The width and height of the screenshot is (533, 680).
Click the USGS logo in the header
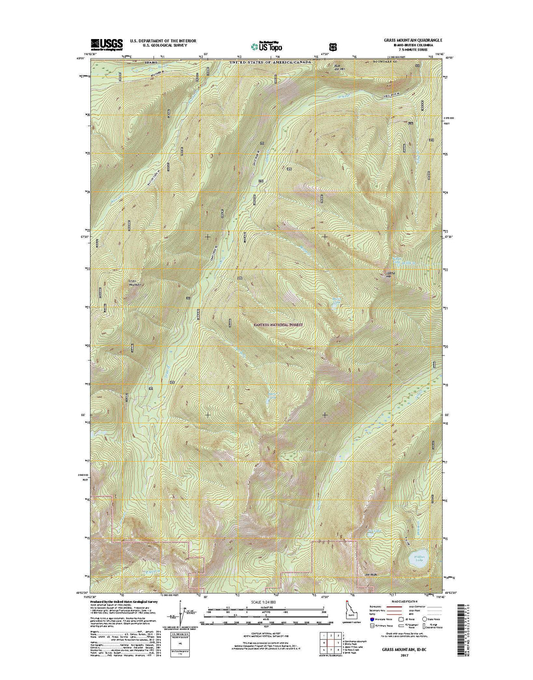pyautogui.click(x=107, y=44)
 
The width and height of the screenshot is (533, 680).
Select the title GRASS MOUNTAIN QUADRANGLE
pyautogui.click(x=410, y=40)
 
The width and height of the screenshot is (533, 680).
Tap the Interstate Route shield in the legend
pyautogui.click(x=372, y=627)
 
